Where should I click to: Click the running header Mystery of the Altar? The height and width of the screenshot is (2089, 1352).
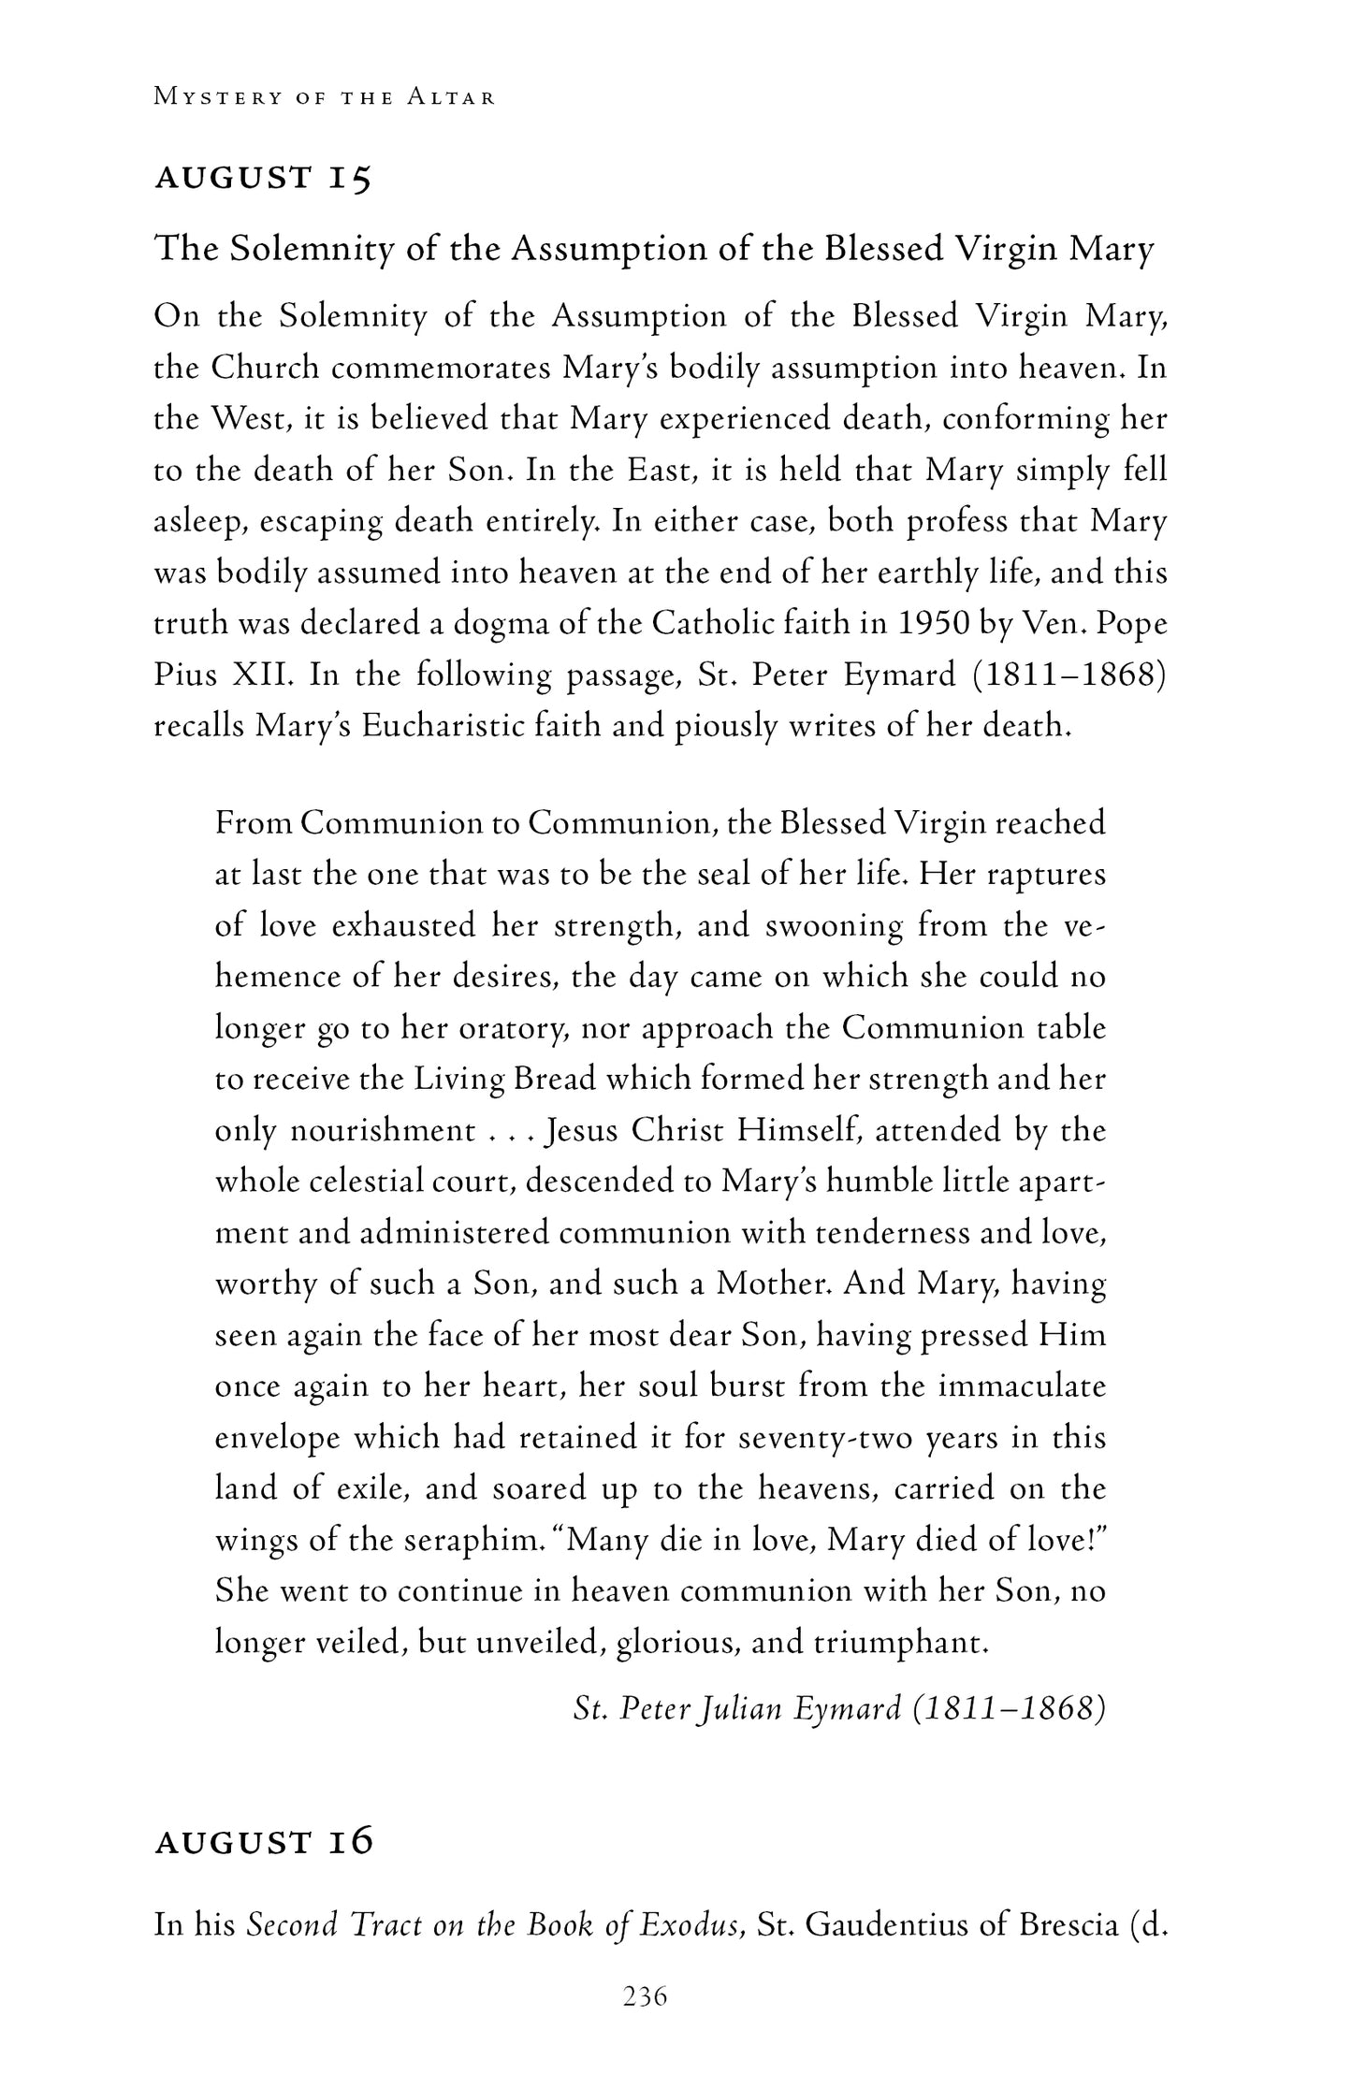pyautogui.click(x=325, y=97)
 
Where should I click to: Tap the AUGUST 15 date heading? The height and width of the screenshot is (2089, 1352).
pyautogui.click(x=263, y=178)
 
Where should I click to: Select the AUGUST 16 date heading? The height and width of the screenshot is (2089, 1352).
pyautogui.click(x=264, y=1841)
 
